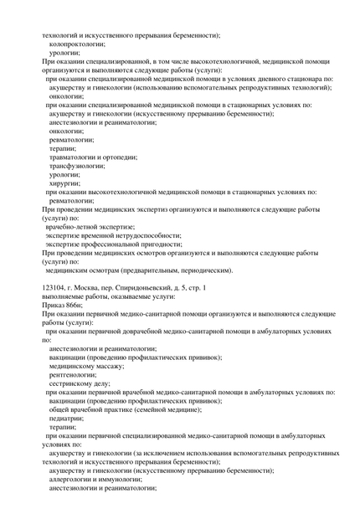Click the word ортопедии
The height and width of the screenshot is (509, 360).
[x=131, y=157]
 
